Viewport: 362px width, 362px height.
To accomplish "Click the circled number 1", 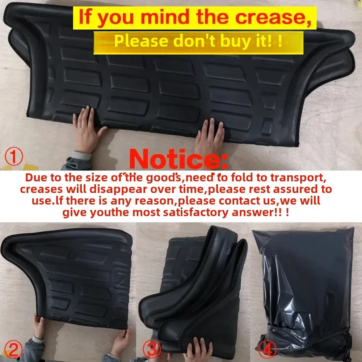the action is point(14,156).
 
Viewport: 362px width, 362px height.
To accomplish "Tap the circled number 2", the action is point(13,350).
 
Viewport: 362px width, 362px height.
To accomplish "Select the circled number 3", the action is point(152,350).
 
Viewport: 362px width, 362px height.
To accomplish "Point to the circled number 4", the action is point(268,350).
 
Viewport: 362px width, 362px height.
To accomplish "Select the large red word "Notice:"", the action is point(178,159).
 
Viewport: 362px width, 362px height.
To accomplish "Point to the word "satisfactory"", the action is point(195,212).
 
